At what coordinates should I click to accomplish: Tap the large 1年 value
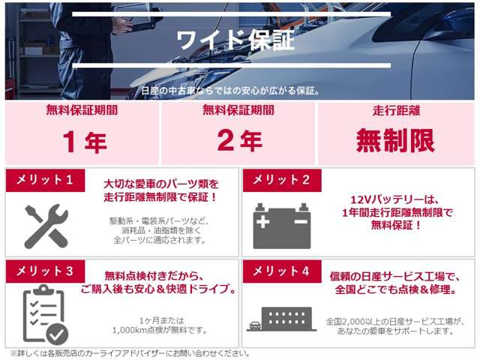pyautogui.click(x=85, y=141)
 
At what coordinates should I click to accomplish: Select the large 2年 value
pyautogui.click(x=241, y=141)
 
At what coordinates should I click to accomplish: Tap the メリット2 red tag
pyautogui.click(x=281, y=180)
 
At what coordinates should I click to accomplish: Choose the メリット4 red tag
pyautogui.click(x=281, y=271)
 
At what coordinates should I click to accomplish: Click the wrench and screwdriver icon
pyautogui.click(x=46, y=226)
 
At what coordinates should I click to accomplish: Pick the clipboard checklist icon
pyautogui.click(x=43, y=315)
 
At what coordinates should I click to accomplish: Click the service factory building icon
pyautogui.click(x=280, y=318)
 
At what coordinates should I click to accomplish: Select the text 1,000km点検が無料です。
pyautogui.click(x=160, y=329)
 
